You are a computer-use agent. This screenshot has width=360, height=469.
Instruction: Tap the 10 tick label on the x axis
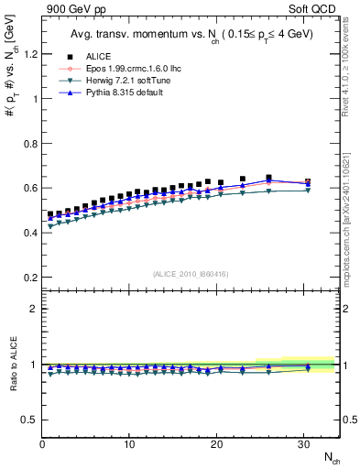[x=130, y=445]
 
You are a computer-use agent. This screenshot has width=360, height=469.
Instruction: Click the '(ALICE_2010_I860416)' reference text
[x=190, y=274]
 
